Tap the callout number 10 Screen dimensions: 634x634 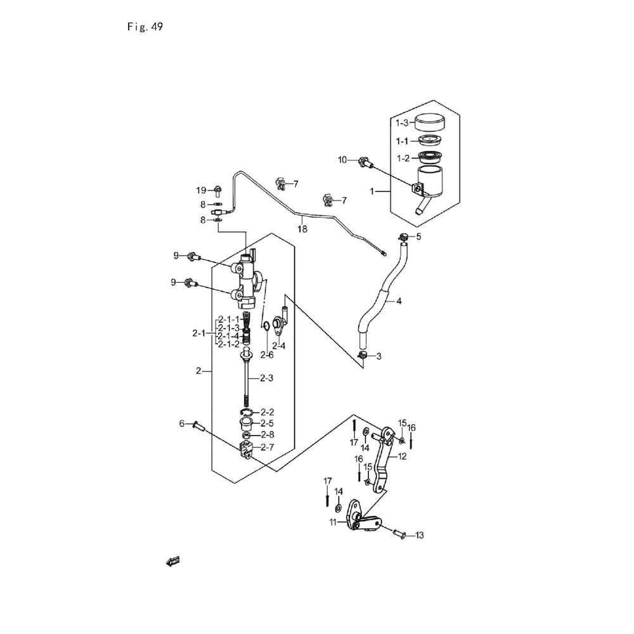pyautogui.click(x=342, y=160)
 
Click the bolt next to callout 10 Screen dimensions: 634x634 pyautogui.click(x=365, y=162)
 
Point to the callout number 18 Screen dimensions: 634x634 pyautogui.click(x=302, y=229)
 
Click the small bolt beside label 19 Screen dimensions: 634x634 pyautogui.click(x=217, y=190)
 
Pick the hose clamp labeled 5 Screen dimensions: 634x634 pyautogui.click(x=401, y=238)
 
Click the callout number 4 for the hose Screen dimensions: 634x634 pyautogui.click(x=399, y=302)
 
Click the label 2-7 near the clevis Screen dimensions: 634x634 pyautogui.click(x=268, y=447)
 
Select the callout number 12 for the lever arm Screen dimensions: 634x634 pyautogui.click(x=402, y=456)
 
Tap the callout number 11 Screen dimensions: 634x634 pyautogui.click(x=332, y=522)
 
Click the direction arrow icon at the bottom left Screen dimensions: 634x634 pyautogui.click(x=172, y=560)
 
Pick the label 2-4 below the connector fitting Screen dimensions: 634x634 pyautogui.click(x=278, y=346)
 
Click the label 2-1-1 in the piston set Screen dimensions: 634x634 pyautogui.click(x=226, y=319)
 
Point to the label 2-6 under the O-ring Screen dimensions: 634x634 pyautogui.click(x=266, y=354)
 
